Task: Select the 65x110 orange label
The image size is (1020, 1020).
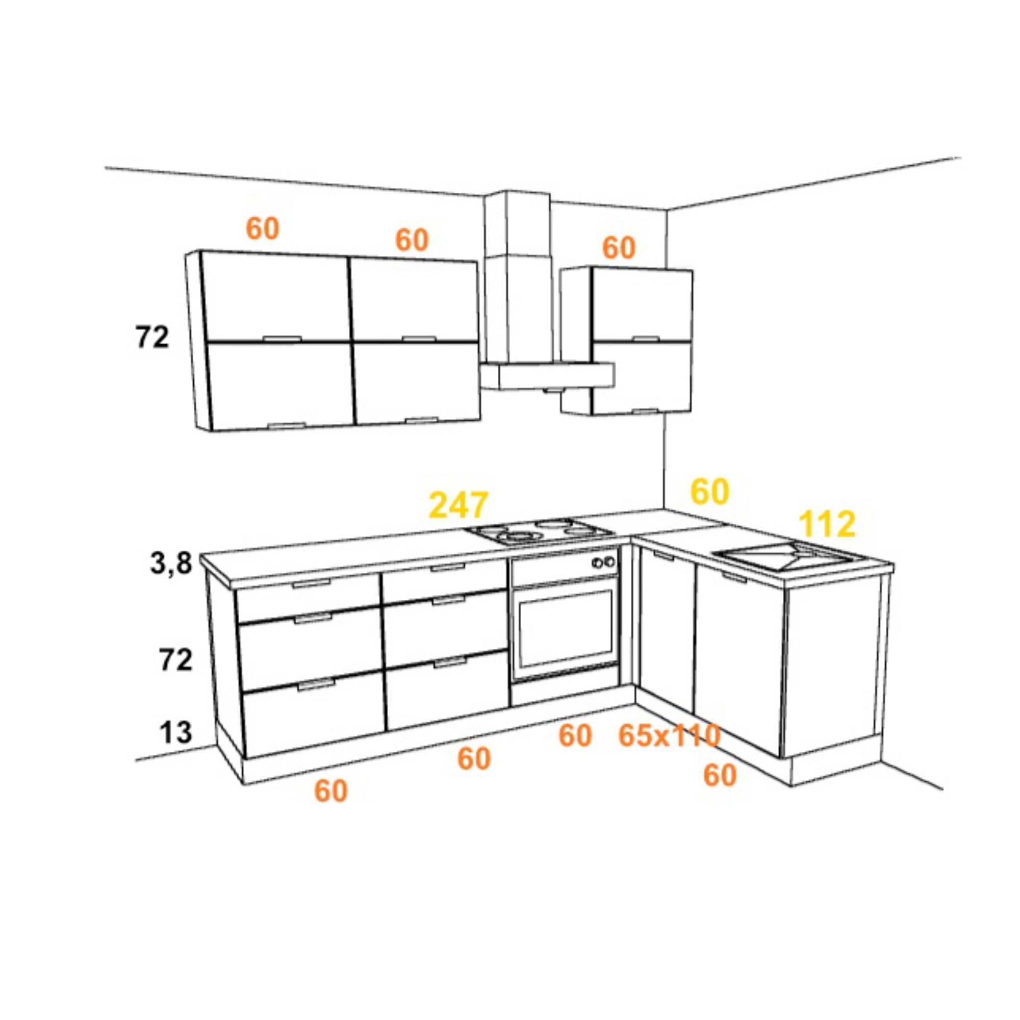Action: [x=669, y=735]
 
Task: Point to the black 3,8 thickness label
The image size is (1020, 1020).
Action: [x=171, y=564]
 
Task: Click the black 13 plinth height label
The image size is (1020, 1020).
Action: [x=176, y=732]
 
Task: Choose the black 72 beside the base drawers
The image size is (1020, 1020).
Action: [x=176, y=660]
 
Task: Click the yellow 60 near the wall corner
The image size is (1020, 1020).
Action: [x=710, y=492]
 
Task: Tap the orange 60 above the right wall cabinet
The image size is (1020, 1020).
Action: [x=619, y=248]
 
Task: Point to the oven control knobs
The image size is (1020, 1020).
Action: [x=604, y=562]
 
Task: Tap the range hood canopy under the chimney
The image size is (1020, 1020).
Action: [x=547, y=376]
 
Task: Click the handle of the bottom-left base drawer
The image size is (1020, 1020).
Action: [x=316, y=685]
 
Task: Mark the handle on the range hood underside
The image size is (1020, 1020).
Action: [x=553, y=391]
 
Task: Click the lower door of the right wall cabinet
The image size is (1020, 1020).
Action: [x=642, y=377]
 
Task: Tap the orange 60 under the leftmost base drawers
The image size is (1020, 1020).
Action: [x=331, y=791]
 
